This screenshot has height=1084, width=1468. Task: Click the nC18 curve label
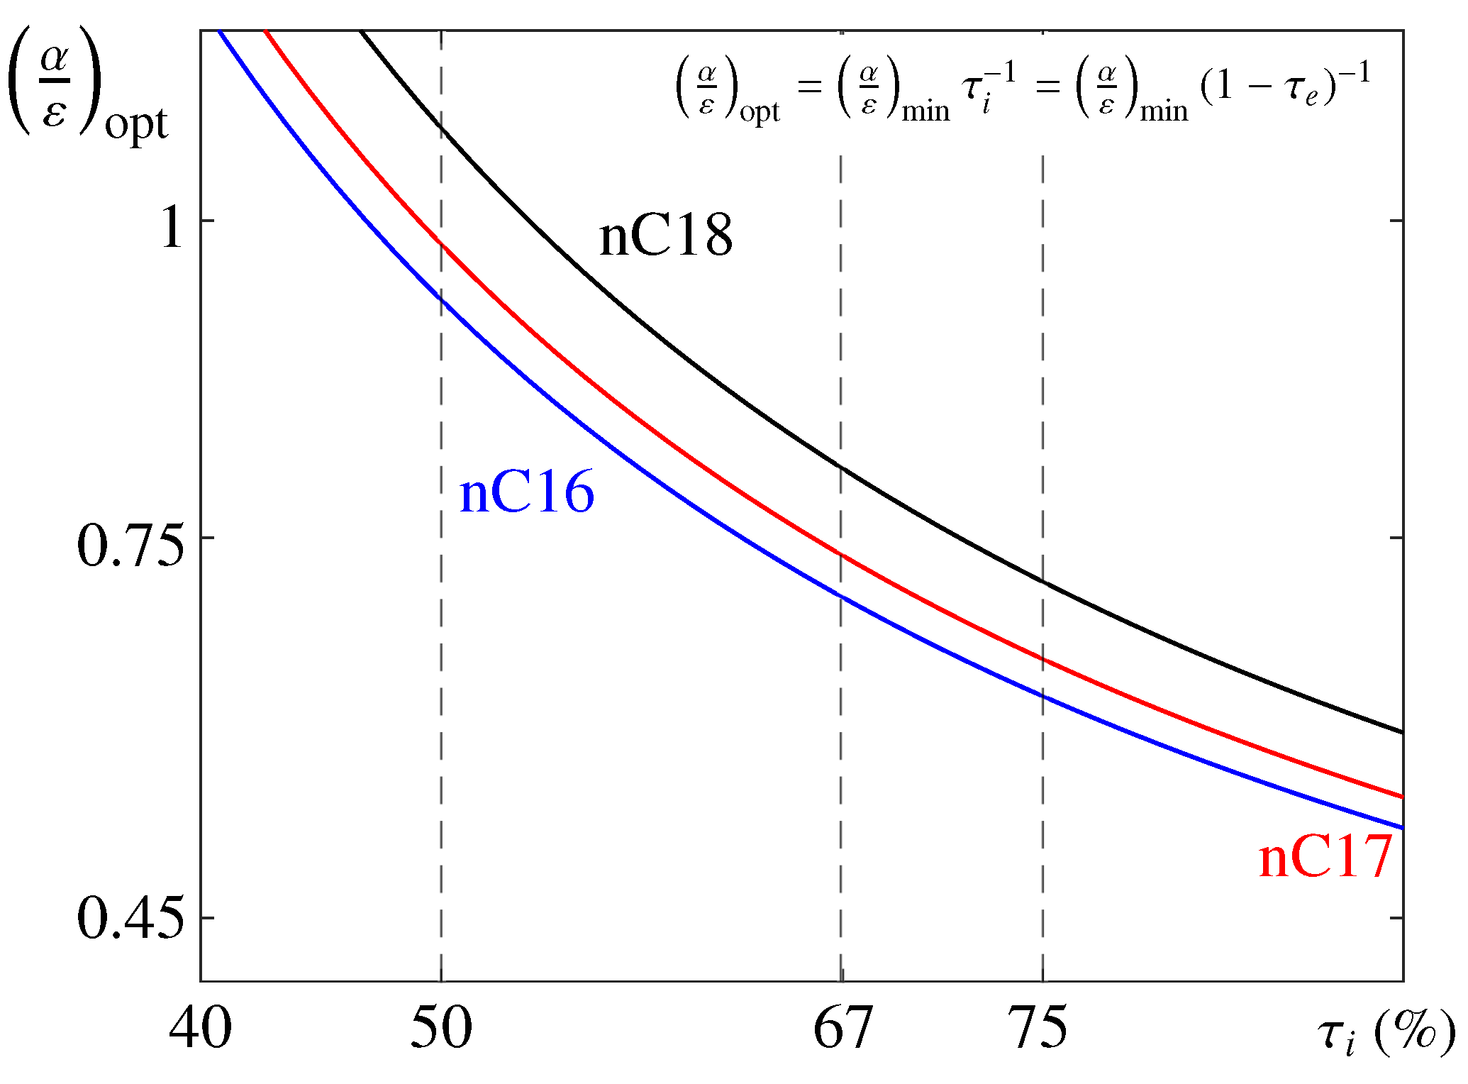(x=665, y=236)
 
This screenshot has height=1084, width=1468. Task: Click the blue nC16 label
(x=526, y=493)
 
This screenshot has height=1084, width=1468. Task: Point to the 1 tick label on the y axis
(x=172, y=229)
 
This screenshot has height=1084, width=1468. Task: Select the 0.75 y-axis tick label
(x=130, y=546)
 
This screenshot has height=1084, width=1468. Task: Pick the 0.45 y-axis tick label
(x=130, y=919)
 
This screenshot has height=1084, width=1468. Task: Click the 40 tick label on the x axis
(x=200, y=1029)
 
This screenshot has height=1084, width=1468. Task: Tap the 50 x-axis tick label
(x=441, y=1029)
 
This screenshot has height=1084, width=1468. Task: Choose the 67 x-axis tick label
(x=842, y=1029)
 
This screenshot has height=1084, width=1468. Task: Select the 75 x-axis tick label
(x=1037, y=1029)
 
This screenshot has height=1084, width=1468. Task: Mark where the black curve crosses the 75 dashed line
(x=1042, y=582)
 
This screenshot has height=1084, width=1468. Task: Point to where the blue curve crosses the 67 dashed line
(x=841, y=596)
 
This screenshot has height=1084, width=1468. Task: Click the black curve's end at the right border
(x=1401, y=731)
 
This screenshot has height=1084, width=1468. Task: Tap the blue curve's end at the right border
(x=1401, y=827)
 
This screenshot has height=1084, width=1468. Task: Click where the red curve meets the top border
(x=264, y=31)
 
